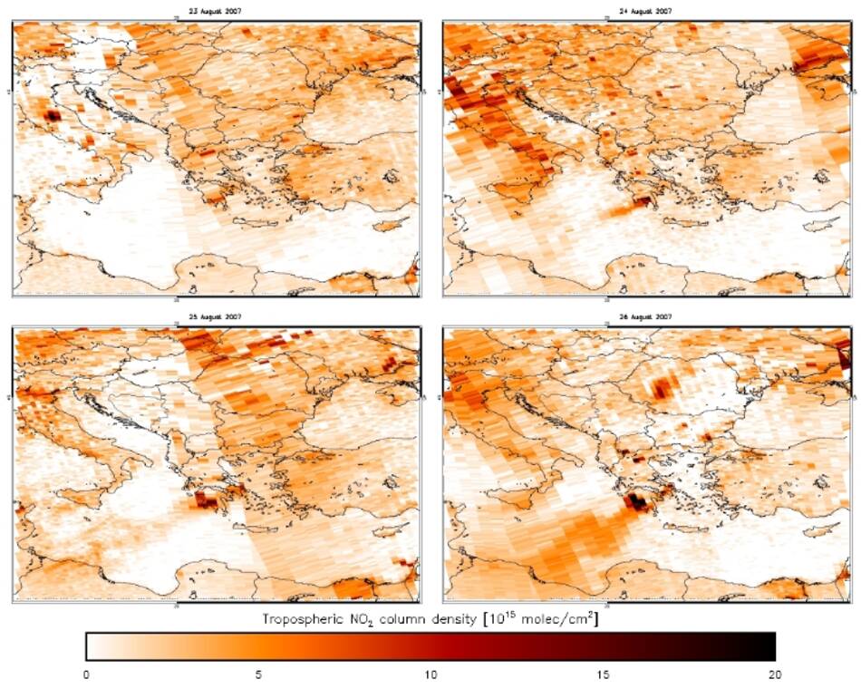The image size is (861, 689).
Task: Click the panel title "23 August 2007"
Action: (215, 11)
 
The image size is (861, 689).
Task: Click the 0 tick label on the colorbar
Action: (86, 674)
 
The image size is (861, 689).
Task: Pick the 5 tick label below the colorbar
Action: (258, 674)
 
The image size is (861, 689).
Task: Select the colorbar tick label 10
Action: (430, 674)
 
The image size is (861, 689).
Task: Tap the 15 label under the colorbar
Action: (603, 674)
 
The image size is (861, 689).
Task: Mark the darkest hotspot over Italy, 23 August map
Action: (52, 115)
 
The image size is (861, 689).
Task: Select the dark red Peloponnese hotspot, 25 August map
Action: (209, 498)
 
